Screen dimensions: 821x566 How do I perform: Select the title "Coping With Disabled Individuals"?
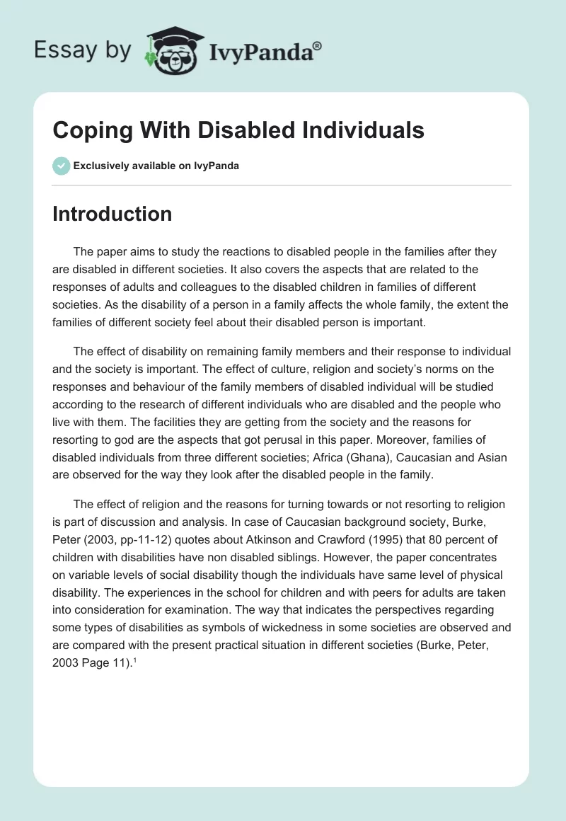pos(238,130)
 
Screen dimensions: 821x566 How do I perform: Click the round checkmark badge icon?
pos(61,166)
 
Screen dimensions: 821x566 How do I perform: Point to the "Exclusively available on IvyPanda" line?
pos(156,166)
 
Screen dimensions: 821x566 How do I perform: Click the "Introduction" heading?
pos(112,214)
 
